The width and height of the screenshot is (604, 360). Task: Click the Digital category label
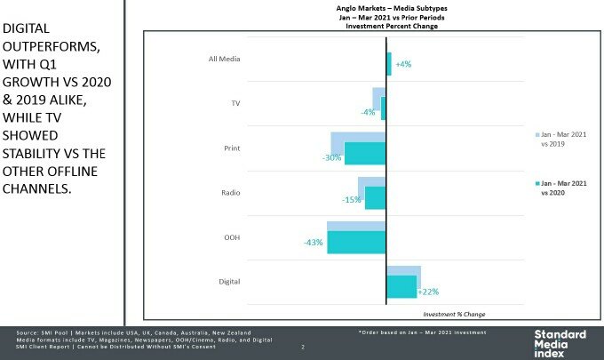tap(228, 283)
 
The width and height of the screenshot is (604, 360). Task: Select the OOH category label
tap(231, 237)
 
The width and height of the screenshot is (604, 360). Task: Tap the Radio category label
tap(229, 192)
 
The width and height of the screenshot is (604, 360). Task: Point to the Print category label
tap(230, 147)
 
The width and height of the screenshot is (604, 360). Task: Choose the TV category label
tap(234, 103)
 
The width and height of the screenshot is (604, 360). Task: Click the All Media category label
tap(222, 60)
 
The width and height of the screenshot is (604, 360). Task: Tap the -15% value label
tap(351, 200)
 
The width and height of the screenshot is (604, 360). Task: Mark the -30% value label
tap(332, 157)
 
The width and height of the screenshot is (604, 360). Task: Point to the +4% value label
tap(402, 65)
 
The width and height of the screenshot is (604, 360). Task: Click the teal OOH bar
tap(356, 243)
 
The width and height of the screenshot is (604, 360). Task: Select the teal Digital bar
tap(401, 286)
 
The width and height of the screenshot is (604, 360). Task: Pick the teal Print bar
tap(365, 153)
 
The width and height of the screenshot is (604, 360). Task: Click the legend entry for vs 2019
tap(560, 137)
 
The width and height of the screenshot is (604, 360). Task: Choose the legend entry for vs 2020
tap(560, 187)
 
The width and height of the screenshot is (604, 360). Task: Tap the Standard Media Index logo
tap(559, 341)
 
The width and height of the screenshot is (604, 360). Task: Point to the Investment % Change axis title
tap(454, 314)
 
